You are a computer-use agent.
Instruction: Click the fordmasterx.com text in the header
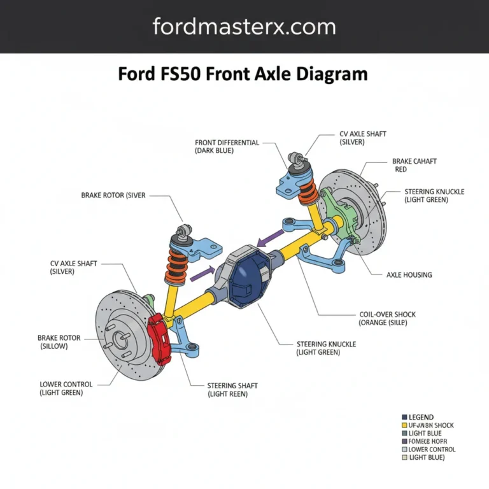point(244,27)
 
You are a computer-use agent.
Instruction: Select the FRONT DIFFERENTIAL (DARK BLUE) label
point(227,146)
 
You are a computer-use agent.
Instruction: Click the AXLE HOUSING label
point(409,275)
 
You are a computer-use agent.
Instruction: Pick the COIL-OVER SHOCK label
point(387,318)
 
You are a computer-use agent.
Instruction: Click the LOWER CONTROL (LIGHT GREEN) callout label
point(66,388)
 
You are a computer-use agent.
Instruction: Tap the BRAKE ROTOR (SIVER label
point(113,195)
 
